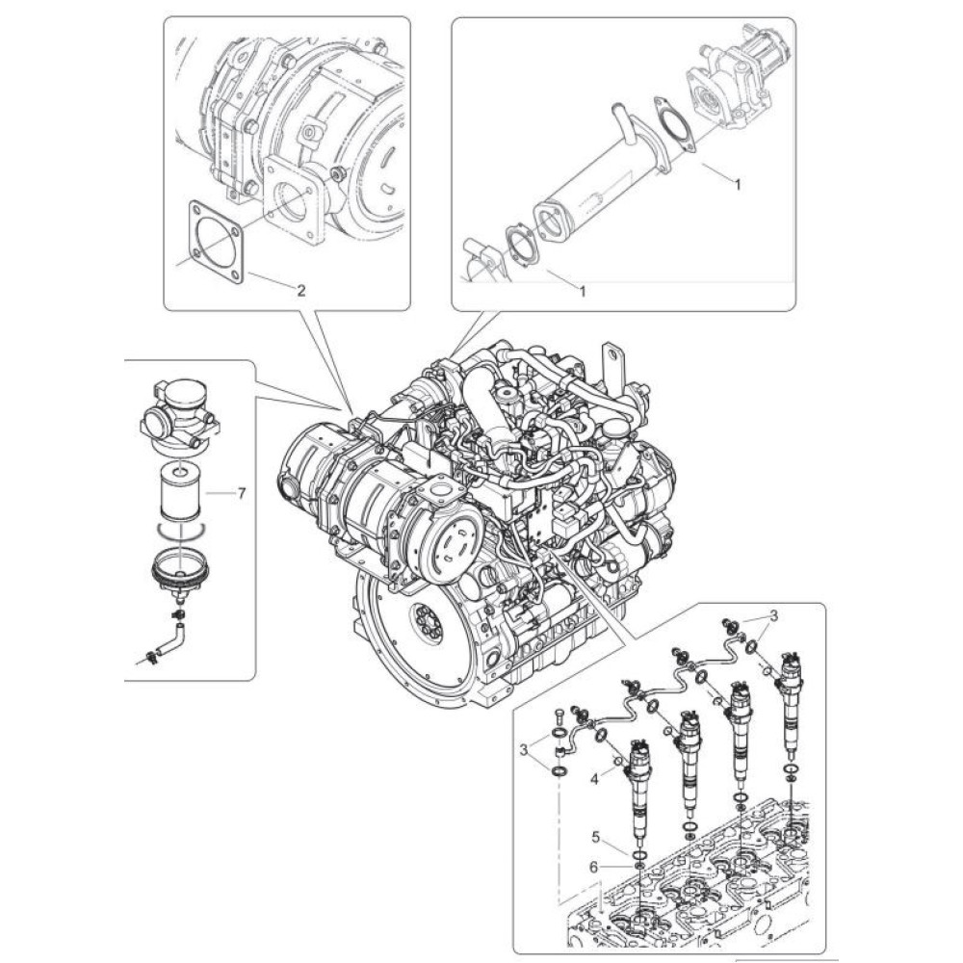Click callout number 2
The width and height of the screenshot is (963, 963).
[x=301, y=290]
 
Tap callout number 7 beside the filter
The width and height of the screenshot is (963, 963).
[x=241, y=493]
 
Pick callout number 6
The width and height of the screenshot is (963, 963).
[x=595, y=867]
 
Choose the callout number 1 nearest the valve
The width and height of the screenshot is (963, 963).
[x=738, y=186]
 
